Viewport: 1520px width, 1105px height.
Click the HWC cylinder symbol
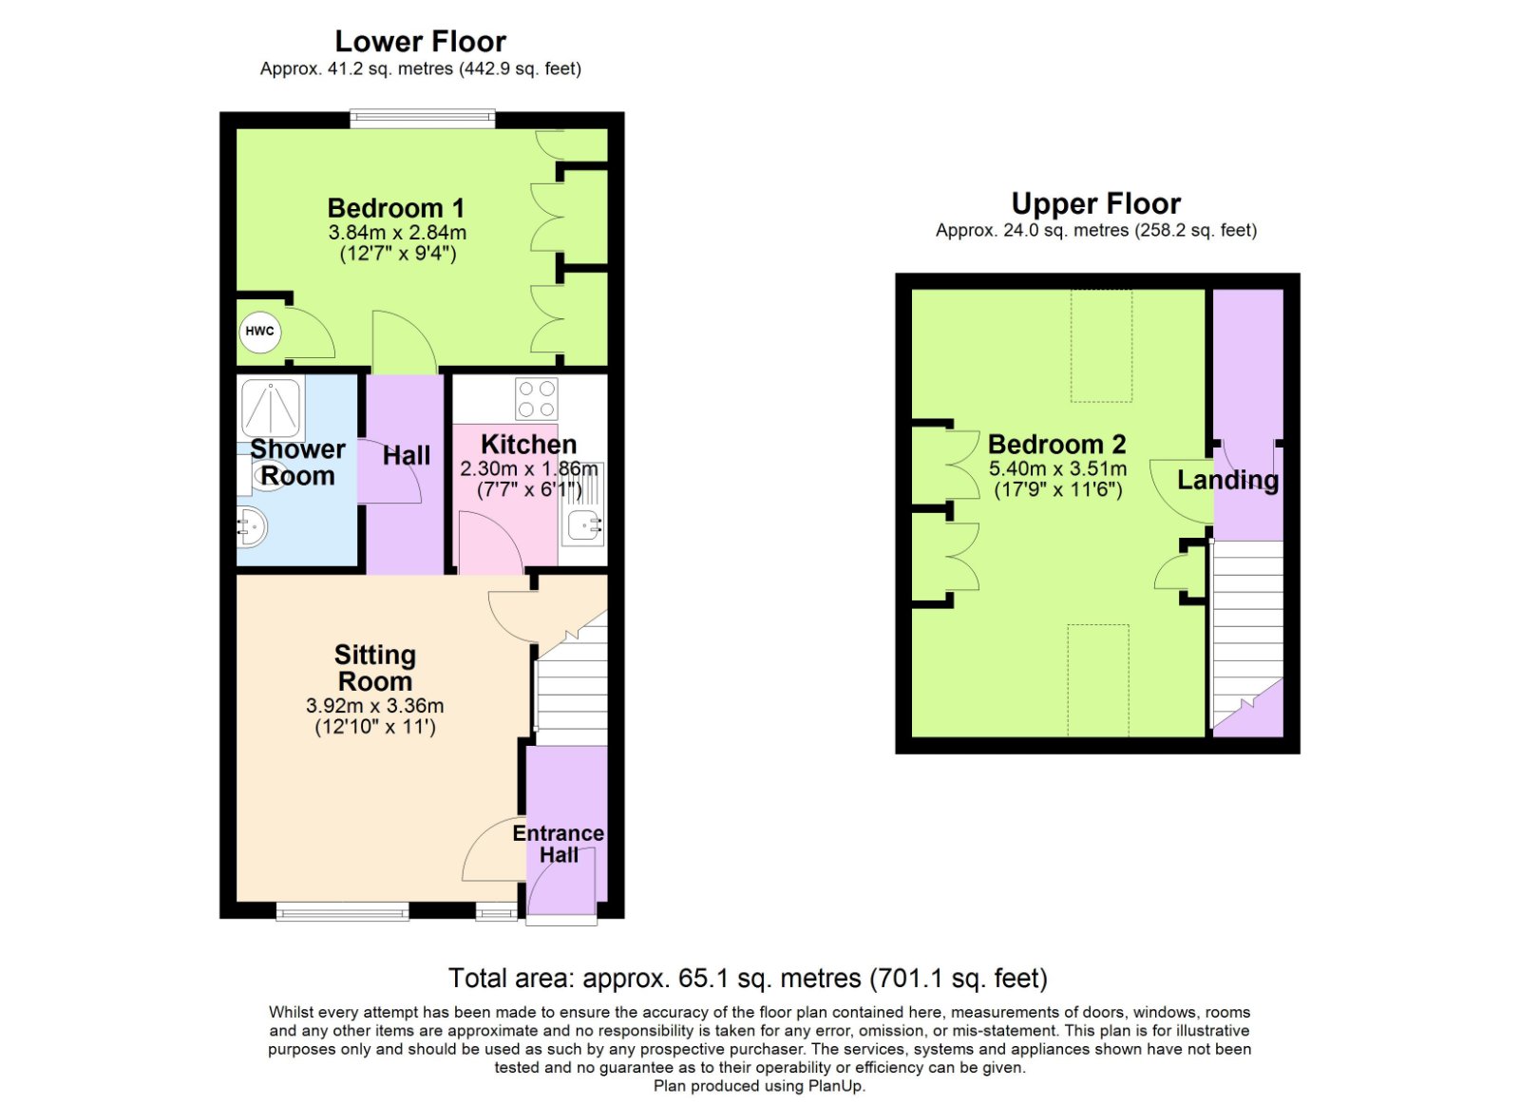[x=259, y=332]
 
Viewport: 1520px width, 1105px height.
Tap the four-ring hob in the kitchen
[x=537, y=399]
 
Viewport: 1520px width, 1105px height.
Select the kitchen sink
[x=582, y=524]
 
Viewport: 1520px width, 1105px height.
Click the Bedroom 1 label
[x=396, y=208]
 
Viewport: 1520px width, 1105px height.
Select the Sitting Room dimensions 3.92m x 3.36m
[x=375, y=706]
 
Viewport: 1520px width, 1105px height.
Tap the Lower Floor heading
[x=420, y=42]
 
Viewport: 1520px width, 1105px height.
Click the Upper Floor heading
[x=1095, y=203]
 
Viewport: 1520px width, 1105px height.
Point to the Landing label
[x=1227, y=480]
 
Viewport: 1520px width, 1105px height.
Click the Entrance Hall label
[x=559, y=844]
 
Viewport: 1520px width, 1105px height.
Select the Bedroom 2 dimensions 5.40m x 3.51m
[x=1057, y=468]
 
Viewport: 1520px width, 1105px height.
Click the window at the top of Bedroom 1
[x=423, y=119]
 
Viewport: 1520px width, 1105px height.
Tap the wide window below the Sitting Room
[x=342, y=911]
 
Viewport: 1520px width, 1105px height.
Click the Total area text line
[x=748, y=978]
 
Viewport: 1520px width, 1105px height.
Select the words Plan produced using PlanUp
[x=759, y=1086]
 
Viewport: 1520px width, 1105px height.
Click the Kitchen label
[x=528, y=444]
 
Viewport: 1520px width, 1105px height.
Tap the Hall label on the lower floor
[x=407, y=456]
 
